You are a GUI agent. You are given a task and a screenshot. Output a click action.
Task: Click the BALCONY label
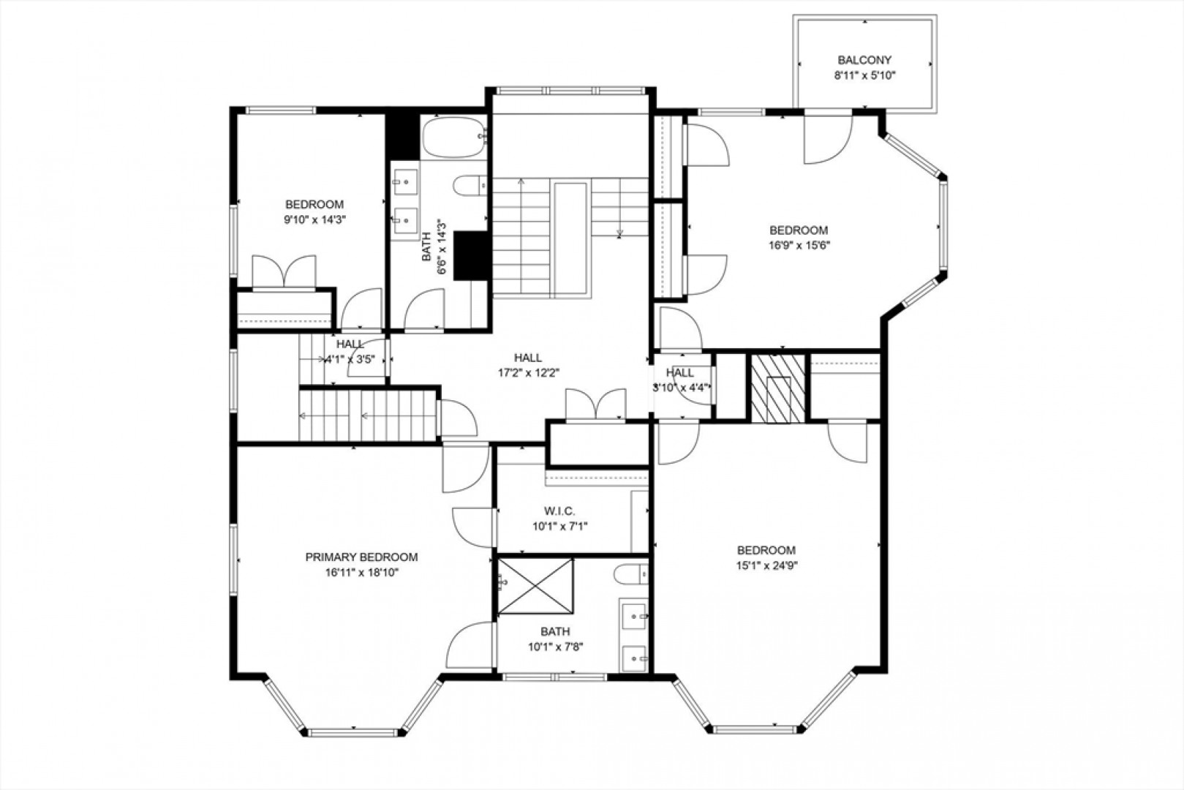coord(864,60)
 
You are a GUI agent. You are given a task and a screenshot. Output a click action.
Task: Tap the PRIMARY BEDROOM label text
coord(361,557)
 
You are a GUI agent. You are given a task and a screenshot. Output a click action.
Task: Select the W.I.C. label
coord(559,511)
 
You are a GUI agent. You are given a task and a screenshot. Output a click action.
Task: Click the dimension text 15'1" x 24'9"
coord(766,565)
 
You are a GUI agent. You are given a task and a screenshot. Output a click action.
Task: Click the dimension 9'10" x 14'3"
coord(314,219)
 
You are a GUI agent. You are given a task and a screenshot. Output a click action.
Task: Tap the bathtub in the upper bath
coord(454,137)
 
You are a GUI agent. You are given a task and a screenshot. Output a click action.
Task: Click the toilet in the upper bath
coord(470,186)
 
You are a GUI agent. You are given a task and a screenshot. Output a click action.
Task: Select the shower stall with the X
coord(535,586)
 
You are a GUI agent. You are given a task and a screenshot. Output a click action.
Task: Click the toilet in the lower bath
coord(632,574)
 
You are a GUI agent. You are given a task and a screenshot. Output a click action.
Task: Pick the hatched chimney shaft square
coord(778,388)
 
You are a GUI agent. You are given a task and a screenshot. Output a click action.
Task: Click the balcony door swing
coord(828,139)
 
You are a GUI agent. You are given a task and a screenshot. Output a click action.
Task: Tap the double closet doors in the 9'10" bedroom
coord(284,272)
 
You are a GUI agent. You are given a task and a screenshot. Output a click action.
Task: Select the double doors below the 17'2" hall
coord(596,405)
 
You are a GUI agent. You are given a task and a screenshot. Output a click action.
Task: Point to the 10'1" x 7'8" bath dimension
coord(555,647)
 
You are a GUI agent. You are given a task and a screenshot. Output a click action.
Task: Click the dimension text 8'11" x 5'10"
coord(864,75)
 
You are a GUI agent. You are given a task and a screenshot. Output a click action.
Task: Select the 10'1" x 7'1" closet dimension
coord(559,527)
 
